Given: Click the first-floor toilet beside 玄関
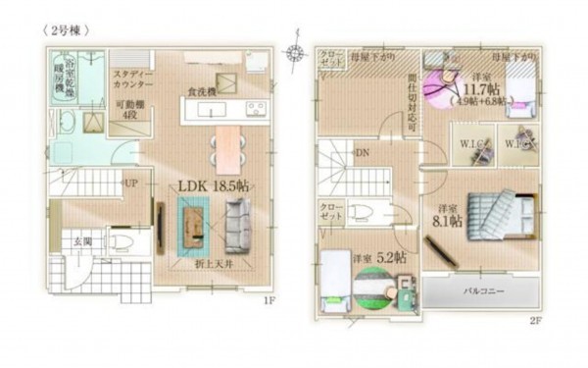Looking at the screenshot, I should tap(120, 240).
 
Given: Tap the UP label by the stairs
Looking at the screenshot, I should tap(129, 183).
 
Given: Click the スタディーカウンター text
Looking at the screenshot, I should tap(131, 79).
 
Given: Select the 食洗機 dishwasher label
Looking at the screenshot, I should tap(202, 92).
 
